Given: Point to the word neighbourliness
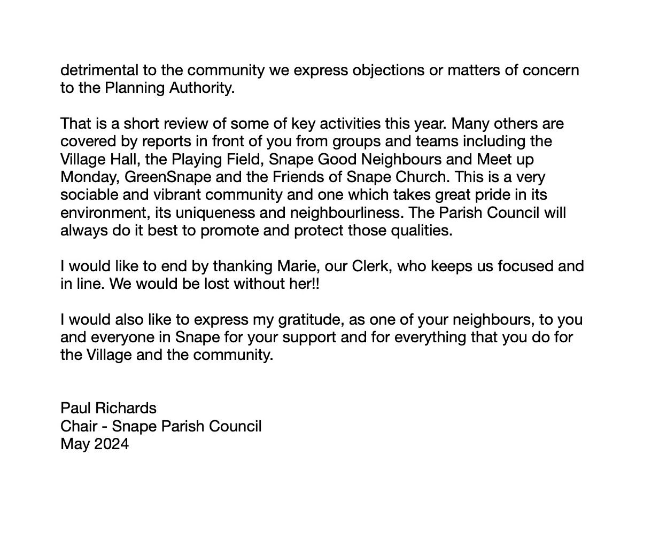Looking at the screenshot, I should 346,213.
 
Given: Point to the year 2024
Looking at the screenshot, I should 111,444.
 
